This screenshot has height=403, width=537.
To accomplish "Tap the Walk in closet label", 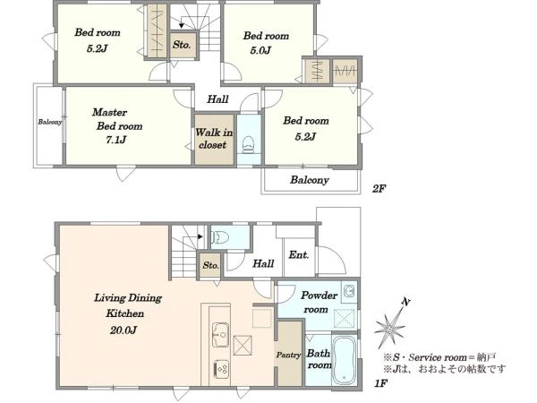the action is click(x=214, y=139).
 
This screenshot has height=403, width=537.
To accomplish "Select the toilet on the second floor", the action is click(x=248, y=144).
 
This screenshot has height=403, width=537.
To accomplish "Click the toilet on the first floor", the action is click(x=219, y=236).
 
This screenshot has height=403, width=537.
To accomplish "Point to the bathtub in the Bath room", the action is click(x=345, y=360).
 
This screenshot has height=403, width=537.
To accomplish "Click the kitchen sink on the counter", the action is click(x=220, y=334).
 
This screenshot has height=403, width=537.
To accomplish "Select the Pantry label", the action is click(x=289, y=356).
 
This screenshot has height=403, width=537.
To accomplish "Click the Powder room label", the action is click(x=319, y=302).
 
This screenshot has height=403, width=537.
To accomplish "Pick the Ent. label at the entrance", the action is click(x=299, y=254).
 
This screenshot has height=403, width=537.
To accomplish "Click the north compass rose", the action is click(x=391, y=324).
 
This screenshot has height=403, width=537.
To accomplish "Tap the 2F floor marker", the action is click(x=379, y=188).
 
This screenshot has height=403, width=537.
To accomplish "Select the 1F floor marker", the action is click(x=380, y=382).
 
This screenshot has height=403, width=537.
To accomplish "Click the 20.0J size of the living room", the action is click(x=124, y=330).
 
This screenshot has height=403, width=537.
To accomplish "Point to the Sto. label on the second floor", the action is click(x=182, y=45).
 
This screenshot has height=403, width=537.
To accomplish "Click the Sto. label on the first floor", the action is click(x=210, y=265).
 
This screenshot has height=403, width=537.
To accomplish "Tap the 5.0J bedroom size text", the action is click(x=260, y=50).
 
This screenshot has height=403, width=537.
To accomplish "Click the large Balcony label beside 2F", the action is click(x=310, y=180).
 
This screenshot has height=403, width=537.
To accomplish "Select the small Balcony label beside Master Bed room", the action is click(x=50, y=122).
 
